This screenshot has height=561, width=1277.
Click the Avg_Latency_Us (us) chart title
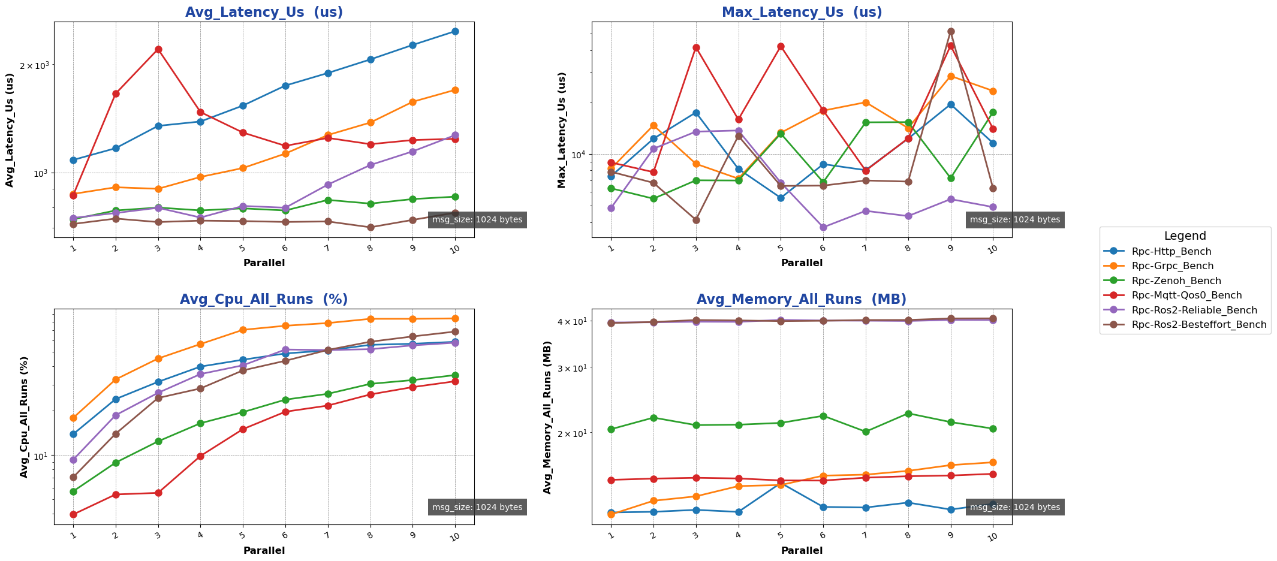coord(264,12)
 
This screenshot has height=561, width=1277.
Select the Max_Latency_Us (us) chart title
coord(802,12)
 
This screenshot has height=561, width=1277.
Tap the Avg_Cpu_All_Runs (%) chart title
coord(264,300)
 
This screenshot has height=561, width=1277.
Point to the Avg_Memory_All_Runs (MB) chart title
coord(802,300)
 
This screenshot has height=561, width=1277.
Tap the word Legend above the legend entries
coord(1185,236)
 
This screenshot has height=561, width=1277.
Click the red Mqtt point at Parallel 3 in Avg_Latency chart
coord(158,49)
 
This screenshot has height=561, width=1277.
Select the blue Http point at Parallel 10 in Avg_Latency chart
coord(455,31)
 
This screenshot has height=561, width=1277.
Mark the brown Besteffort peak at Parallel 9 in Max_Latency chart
coord(951,32)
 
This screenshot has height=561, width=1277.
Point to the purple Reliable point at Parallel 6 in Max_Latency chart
coord(823,228)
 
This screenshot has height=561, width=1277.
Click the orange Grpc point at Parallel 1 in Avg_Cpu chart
coord(73,418)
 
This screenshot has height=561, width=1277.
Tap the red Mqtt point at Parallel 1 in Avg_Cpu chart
coord(73,514)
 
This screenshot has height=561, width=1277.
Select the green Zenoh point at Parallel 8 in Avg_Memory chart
coord(908,414)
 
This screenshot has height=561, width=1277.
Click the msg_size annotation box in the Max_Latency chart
coord(1014,220)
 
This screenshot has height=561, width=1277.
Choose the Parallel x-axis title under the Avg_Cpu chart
coord(264,550)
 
